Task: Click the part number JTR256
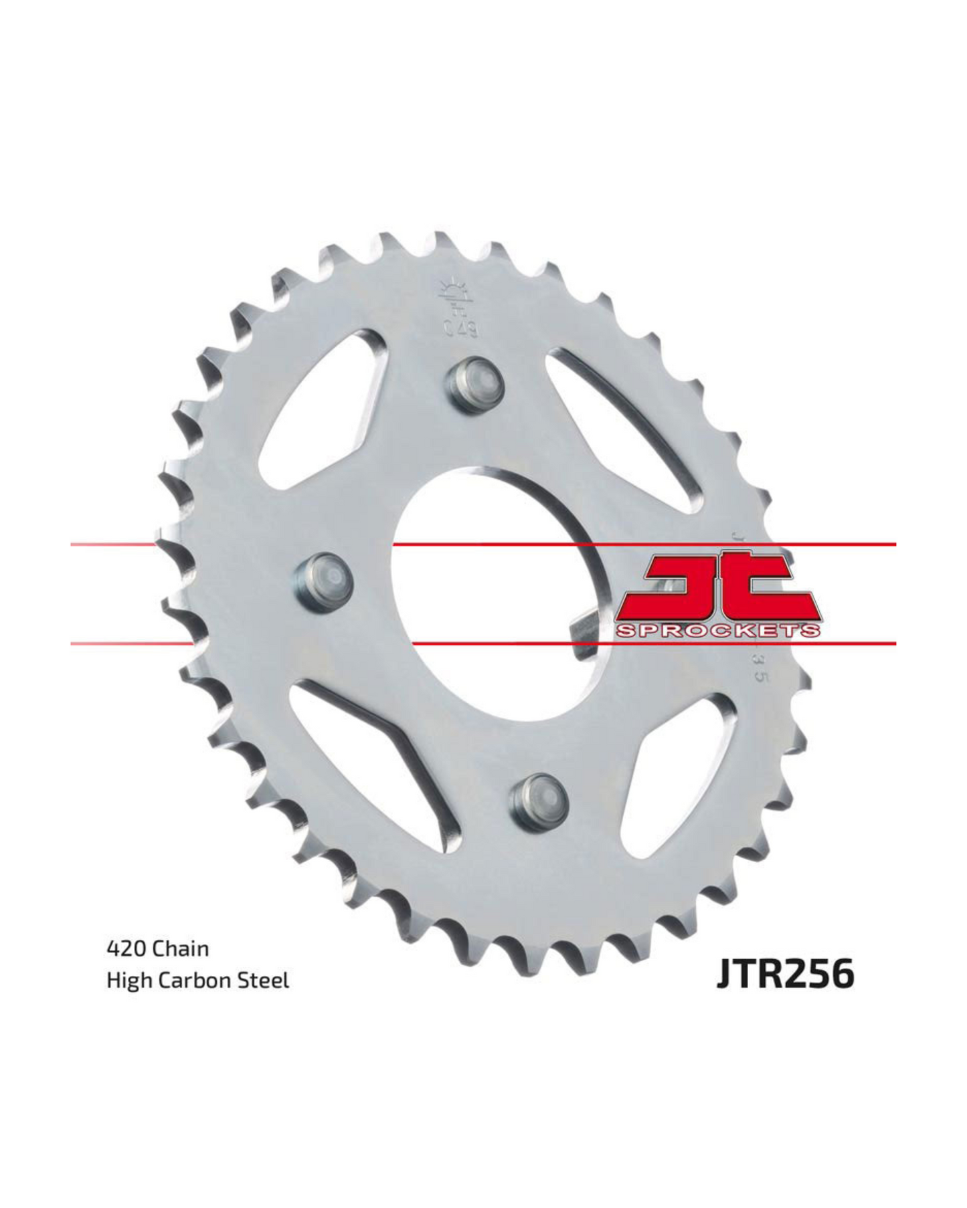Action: [786, 974]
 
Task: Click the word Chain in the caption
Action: [181, 948]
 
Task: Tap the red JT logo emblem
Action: [719, 589]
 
